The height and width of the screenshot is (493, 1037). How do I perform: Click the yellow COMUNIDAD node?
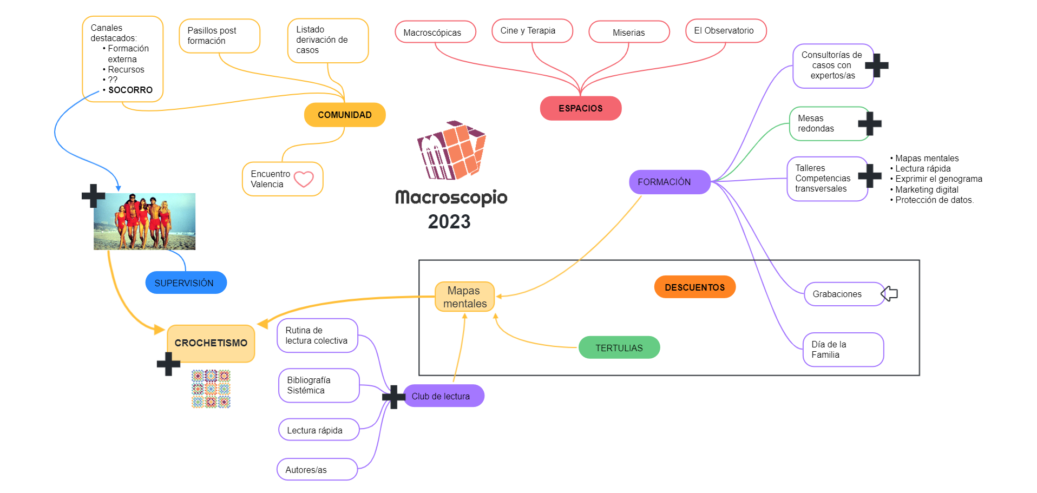[x=345, y=115]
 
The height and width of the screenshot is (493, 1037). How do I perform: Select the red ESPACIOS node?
[x=580, y=108]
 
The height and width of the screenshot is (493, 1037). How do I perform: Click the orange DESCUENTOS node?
[x=694, y=287]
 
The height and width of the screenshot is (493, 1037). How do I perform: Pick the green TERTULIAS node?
[x=619, y=347]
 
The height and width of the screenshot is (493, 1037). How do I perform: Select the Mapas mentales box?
[x=464, y=297]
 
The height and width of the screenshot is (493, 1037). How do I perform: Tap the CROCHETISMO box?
[x=211, y=343]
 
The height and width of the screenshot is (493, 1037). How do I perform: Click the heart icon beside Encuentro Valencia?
[x=304, y=179]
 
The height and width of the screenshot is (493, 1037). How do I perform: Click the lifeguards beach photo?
[x=145, y=221]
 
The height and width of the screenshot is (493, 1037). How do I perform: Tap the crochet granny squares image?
[x=211, y=389]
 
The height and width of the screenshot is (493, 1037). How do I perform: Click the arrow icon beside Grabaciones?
[x=889, y=294]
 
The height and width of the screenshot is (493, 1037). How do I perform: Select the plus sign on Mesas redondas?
[x=870, y=123]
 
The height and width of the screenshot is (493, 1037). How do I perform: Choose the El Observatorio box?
[x=725, y=31]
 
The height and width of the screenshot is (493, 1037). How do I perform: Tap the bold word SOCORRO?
[x=130, y=90]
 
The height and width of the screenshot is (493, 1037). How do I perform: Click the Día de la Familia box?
[x=843, y=350]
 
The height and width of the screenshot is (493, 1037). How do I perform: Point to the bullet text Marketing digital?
[x=927, y=189]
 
